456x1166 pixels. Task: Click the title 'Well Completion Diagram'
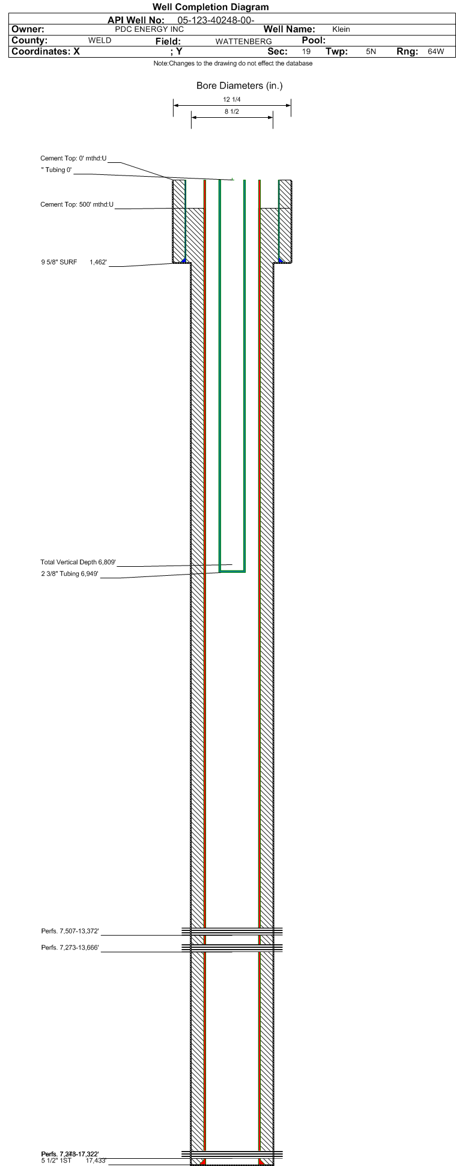click(210, 7)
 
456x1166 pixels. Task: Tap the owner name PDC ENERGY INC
click(149, 29)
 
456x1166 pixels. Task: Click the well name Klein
click(341, 29)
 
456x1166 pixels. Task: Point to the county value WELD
click(100, 41)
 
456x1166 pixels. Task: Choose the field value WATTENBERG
click(243, 41)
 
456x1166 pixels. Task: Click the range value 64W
click(436, 52)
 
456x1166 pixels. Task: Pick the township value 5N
click(371, 52)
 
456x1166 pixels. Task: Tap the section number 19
click(306, 52)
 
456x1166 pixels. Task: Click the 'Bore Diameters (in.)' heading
click(239, 86)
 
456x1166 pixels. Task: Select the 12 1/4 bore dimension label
click(232, 100)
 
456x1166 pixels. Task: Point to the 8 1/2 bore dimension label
click(232, 112)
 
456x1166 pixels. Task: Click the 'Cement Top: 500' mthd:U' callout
click(77, 205)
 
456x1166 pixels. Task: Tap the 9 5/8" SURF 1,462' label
click(74, 262)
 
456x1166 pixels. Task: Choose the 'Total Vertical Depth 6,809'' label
click(78, 563)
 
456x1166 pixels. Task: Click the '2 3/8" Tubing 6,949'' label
click(70, 574)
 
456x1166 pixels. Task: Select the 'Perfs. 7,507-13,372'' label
click(70, 932)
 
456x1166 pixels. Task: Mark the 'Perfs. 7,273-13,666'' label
click(70, 948)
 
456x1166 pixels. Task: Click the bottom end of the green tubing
click(232, 571)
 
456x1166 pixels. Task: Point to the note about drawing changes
click(233, 63)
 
